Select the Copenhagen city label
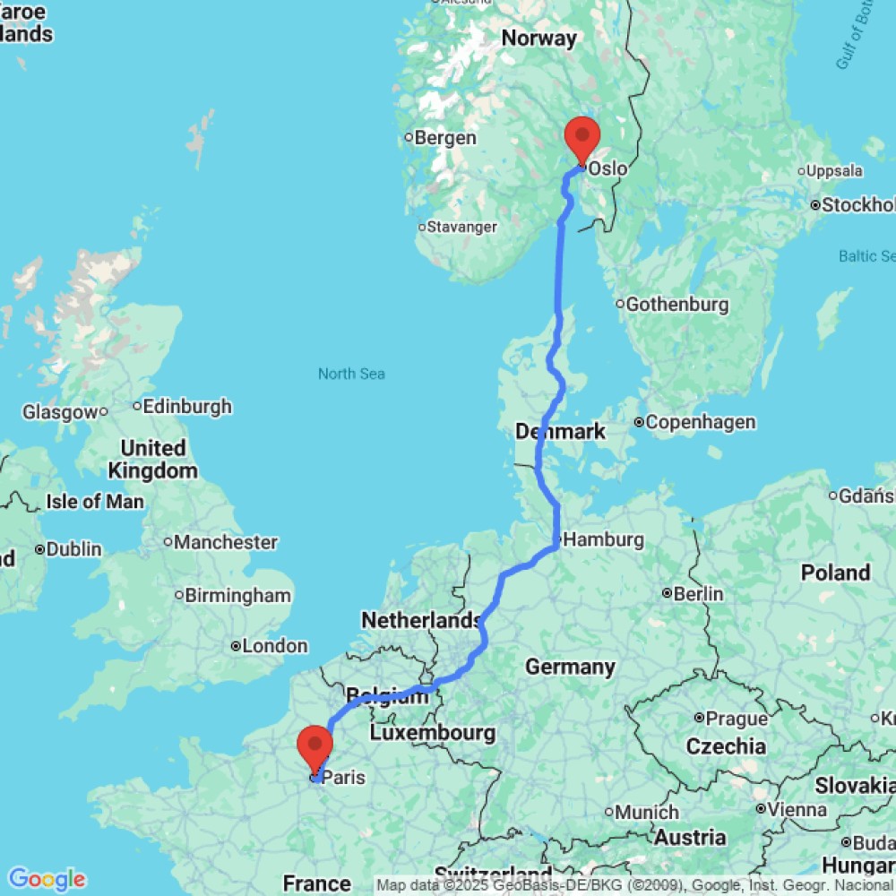click(701, 422)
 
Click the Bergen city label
click(445, 138)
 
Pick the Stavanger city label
click(461, 227)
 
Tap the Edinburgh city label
click(187, 406)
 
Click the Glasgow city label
click(59, 412)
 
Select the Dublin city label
click(74, 549)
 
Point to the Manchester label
click(226, 542)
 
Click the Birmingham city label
click(238, 596)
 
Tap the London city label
click(275, 646)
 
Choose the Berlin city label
click(698, 593)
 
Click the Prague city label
click(737, 718)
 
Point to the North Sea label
click(351, 374)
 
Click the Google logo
click(46, 880)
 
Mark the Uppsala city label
click(834, 170)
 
